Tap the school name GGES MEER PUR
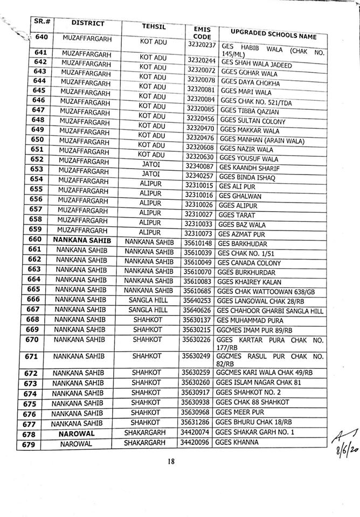coord(239,414)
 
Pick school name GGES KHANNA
coord(236,443)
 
